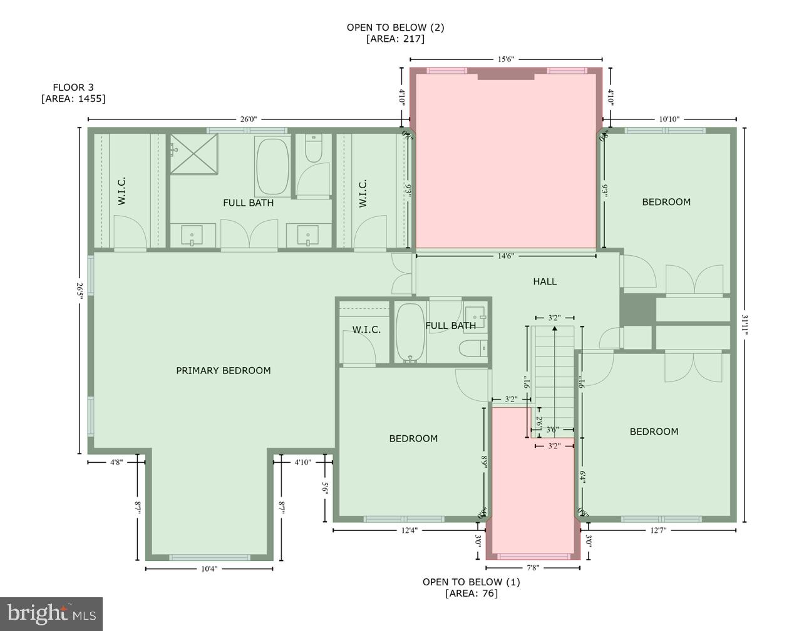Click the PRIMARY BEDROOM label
[x=223, y=370]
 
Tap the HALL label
[x=544, y=281]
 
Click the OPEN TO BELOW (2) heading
[x=395, y=28]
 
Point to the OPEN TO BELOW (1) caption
[x=471, y=582]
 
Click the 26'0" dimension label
[x=249, y=119]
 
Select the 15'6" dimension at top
[x=505, y=59]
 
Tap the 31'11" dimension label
[x=745, y=325]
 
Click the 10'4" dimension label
[x=209, y=568]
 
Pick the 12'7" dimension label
[x=658, y=530]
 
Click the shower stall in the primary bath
[x=193, y=153]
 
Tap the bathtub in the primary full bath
[x=272, y=166]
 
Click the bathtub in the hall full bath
[x=410, y=332]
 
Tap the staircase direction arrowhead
[x=554, y=329]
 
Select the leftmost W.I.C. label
[x=122, y=191]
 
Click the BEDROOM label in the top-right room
[x=666, y=201]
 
